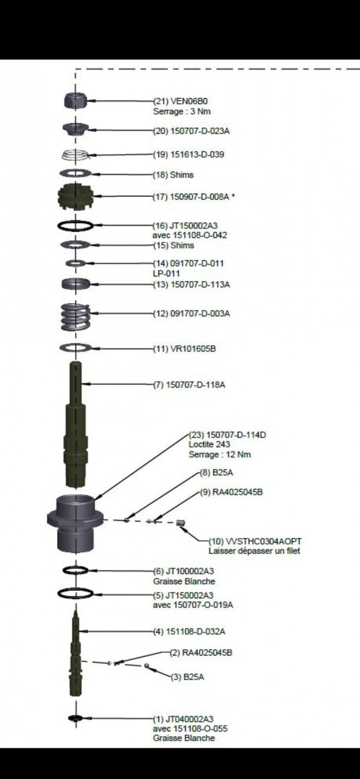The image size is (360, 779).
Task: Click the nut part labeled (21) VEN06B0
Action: tap(76, 100)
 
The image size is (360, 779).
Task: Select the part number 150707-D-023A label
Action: tap(191, 131)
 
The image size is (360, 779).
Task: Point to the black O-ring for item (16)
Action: tap(75, 225)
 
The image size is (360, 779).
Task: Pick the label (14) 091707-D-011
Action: tap(189, 263)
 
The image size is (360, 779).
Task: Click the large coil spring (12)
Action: tap(76, 316)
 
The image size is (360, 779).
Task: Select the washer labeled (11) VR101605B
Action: tap(75, 348)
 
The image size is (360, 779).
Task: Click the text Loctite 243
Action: tap(209, 445)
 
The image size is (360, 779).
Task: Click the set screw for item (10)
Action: tap(181, 523)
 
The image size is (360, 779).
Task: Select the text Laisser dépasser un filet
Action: tap(254, 551)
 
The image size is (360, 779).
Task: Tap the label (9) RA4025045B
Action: tap(231, 492)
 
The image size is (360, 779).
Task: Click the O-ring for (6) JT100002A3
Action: tap(75, 570)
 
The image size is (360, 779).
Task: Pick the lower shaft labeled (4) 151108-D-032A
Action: tap(76, 655)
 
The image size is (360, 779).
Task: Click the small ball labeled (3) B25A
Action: tap(146, 666)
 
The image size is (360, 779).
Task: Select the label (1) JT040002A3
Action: tap(183, 719)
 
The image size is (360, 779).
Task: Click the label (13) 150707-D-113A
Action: tap(191, 284)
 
